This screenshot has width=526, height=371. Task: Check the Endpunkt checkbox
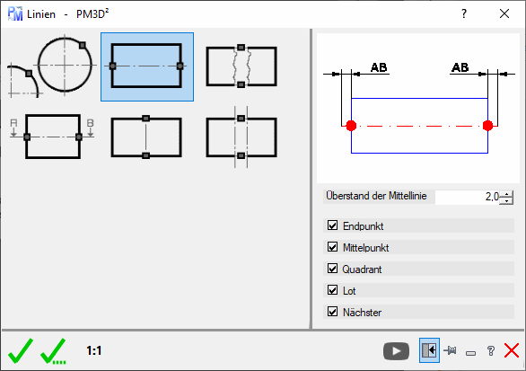coord(332,225)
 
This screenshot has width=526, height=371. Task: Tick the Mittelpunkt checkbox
coord(332,247)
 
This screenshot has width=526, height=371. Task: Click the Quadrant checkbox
coord(332,269)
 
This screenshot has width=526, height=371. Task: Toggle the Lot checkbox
coord(332,290)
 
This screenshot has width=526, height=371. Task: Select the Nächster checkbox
coord(332,312)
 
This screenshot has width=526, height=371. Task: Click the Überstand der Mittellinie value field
coord(467,197)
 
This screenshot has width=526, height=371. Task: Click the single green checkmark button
coord(21,351)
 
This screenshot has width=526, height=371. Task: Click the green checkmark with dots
coord(53,351)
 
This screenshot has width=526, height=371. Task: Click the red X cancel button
coord(512,351)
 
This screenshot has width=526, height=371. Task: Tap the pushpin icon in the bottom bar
coord(450,351)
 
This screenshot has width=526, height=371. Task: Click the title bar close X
coord(504,13)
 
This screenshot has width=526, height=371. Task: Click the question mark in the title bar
coord(464,13)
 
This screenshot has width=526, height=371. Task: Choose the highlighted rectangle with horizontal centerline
coord(147,66)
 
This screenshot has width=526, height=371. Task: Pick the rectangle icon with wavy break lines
coord(241,66)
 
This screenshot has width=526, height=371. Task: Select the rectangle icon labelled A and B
coord(53,137)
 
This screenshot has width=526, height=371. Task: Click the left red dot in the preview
coord(351,126)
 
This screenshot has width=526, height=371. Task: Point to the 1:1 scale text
coord(94,351)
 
